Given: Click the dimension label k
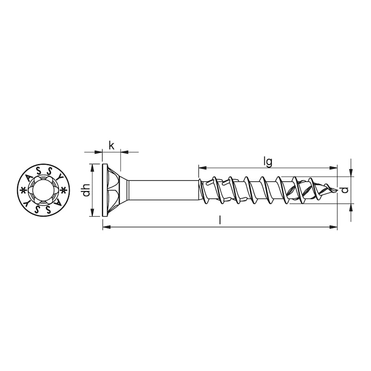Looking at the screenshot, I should (111, 145).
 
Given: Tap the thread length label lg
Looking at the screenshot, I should (267, 161).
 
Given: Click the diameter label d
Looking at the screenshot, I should (344, 190).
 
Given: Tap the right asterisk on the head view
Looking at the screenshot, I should (64, 190).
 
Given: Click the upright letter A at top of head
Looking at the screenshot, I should (29, 177).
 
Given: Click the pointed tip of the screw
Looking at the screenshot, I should (336, 191).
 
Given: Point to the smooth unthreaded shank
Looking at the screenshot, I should (162, 190).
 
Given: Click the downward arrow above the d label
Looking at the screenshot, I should (351, 172).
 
